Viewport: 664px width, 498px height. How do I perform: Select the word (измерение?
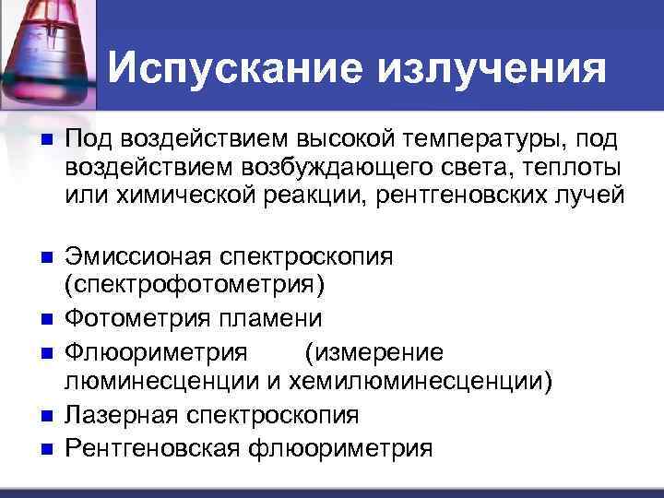coord(374,352)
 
